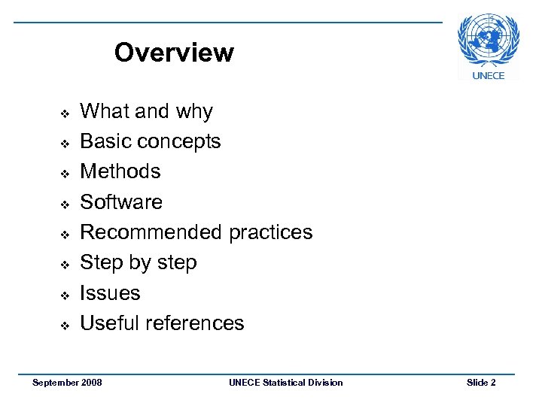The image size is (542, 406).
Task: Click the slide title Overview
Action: [174, 53]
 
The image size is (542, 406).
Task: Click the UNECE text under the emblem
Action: [488, 75]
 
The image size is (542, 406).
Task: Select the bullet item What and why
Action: [146, 111]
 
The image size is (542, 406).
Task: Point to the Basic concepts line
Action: [150, 141]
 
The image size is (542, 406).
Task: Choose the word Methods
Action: [120, 171]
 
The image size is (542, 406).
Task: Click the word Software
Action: [120, 201]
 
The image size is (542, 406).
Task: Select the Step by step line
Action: [138, 263]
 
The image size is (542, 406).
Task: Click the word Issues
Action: [110, 293]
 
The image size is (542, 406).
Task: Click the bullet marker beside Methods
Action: [65, 174]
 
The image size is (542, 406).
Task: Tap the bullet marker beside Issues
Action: [65, 295]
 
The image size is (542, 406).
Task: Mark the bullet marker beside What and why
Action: [65, 113]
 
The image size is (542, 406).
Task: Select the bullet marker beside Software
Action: [65, 204]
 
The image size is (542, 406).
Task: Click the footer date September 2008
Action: [67, 383]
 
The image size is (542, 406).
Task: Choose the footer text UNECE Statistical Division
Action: [285, 383]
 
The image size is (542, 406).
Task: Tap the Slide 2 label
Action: [481, 383]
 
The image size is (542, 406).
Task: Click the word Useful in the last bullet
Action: [110, 323]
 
